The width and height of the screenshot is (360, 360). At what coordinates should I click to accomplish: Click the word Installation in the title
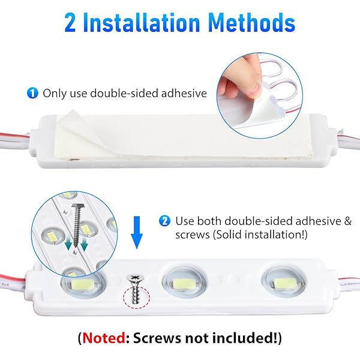point(141,22)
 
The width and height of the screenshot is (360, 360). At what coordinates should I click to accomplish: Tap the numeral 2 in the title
point(70,23)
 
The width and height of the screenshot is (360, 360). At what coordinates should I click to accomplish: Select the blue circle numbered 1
point(32,93)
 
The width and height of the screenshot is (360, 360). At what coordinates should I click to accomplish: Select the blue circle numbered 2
point(164,221)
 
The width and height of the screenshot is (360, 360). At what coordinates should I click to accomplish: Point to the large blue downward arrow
point(137,232)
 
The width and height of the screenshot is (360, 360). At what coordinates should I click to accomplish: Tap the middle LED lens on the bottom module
point(184,283)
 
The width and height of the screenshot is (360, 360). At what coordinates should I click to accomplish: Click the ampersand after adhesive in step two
point(347,221)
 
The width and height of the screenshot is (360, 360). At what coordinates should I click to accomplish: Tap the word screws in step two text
point(193,235)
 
